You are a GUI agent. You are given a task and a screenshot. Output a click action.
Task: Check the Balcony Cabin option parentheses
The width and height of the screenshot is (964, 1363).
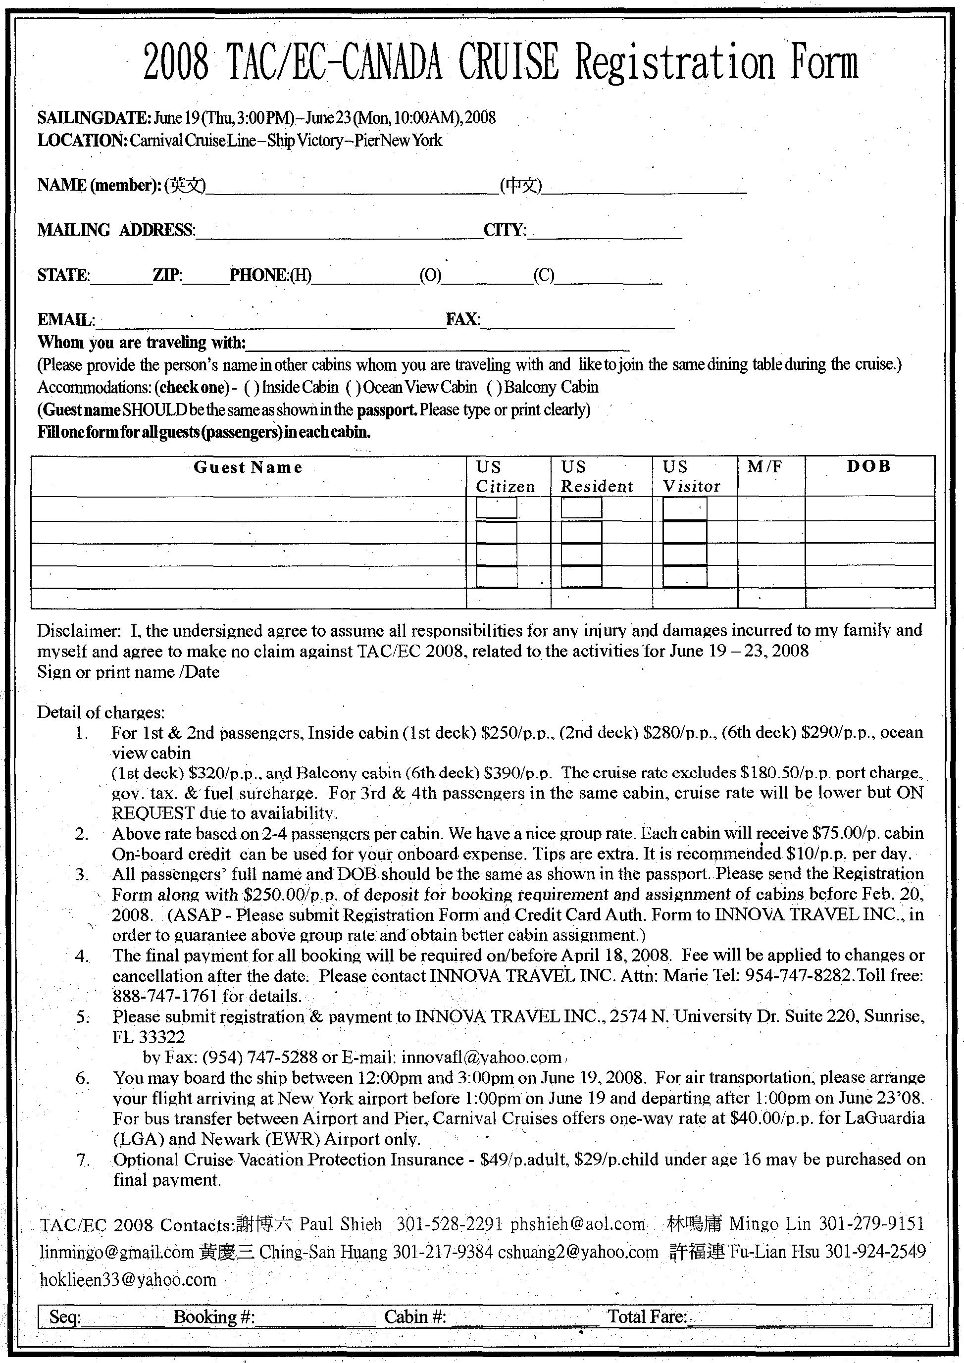pos(494,387)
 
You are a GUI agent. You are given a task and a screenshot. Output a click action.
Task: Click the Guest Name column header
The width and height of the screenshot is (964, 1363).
pos(248,468)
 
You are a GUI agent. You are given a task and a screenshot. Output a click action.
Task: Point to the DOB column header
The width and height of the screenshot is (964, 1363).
pos(869,466)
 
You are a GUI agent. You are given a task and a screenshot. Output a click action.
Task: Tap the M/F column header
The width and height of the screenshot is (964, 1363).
pos(764,466)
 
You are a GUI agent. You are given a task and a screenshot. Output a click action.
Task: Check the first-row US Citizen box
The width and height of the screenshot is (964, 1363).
pos(496,508)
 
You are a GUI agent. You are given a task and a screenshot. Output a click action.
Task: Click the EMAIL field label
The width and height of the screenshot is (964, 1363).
pos(65,320)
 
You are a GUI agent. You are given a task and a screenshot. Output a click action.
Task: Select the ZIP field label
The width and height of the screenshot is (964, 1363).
pos(167,275)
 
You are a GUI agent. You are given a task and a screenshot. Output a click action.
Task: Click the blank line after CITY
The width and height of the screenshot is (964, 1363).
pos(604,232)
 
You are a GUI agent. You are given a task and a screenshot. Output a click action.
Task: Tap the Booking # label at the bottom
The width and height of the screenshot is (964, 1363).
pos(214,1316)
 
